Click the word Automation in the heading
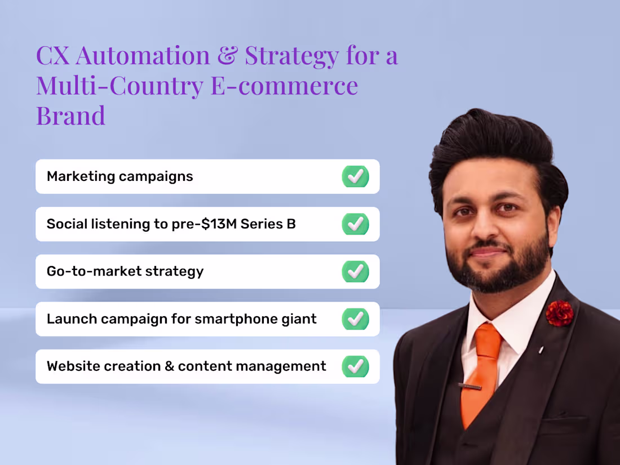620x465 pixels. coord(143,56)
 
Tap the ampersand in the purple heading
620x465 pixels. coord(229,56)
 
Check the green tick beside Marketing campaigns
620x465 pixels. coord(355,176)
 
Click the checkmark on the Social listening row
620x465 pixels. coord(355,224)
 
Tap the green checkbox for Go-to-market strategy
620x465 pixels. coord(355,271)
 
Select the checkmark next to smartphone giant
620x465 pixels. coord(355,319)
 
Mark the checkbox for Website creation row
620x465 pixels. coord(355,366)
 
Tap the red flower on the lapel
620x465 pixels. coord(559,313)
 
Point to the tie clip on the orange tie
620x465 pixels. coord(469,387)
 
